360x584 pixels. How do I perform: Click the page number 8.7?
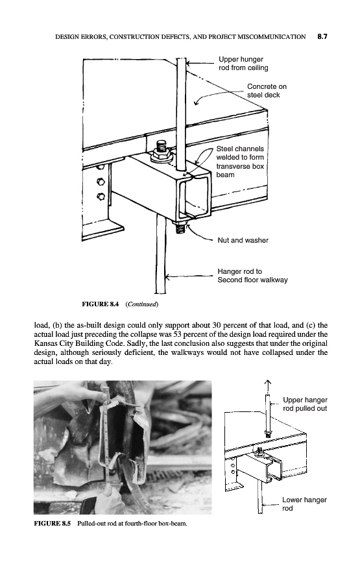point(322,36)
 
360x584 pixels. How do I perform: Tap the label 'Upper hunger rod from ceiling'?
point(243,64)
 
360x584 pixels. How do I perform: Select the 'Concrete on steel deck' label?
point(267,90)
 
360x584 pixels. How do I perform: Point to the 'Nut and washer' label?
point(243,240)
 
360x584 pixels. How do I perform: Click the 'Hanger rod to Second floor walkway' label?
point(252,276)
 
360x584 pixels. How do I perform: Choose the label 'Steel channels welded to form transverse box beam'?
point(240,162)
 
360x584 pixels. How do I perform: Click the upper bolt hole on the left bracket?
point(101,182)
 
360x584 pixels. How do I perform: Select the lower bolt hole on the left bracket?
point(101,196)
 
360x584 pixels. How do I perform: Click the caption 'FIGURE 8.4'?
point(100,304)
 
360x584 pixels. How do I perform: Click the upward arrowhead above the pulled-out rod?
point(268,383)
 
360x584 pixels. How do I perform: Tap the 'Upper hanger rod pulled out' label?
point(305,404)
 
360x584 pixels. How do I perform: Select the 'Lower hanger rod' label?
point(304,504)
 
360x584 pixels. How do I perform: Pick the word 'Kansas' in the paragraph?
point(44,343)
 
